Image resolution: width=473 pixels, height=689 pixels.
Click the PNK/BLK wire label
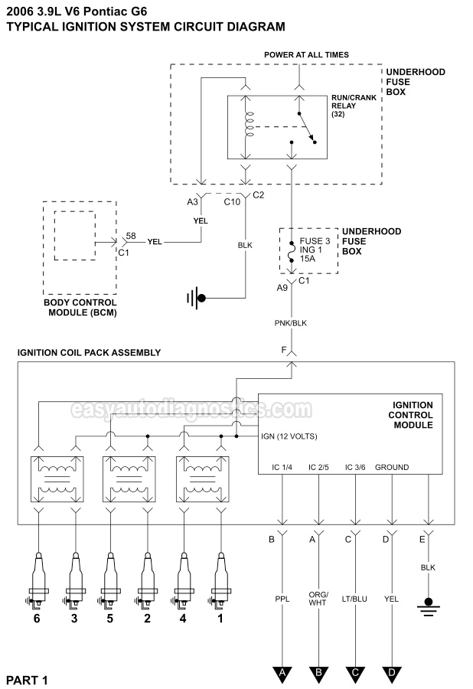pyautogui.click(x=292, y=323)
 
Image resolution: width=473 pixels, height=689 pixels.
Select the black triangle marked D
pyautogui.click(x=392, y=653)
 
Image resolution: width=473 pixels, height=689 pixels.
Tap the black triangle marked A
pyautogui.click(x=282, y=653)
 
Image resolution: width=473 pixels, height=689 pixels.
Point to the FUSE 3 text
pyautogui.click(x=315, y=240)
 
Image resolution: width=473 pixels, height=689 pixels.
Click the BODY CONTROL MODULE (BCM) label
pyautogui.click(x=80, y=309)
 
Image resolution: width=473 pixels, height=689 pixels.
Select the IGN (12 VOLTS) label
pyautogui.click(x=289, y=436)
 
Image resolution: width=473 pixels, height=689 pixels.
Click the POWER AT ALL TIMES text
pyautogui.click(x=306, y=55)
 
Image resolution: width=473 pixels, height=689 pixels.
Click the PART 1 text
pyautogui.click(x=27, y=679)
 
